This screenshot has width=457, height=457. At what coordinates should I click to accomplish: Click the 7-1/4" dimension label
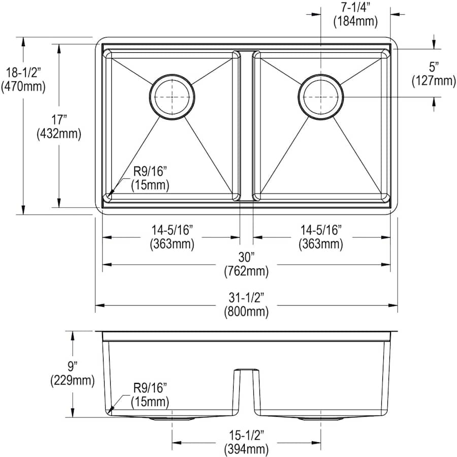tap(355, 8)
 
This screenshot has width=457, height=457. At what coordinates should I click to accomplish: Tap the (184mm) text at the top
tap(355, 21)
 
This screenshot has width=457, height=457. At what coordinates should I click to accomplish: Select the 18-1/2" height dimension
tap(23, 73)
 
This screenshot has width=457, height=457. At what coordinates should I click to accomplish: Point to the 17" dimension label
tap(59, 119)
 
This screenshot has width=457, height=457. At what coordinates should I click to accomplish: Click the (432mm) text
tap(59, 134)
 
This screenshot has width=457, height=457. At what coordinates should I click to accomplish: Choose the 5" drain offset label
tap(434, 67)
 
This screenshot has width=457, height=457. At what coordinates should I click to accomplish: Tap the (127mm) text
tap(434, 80)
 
